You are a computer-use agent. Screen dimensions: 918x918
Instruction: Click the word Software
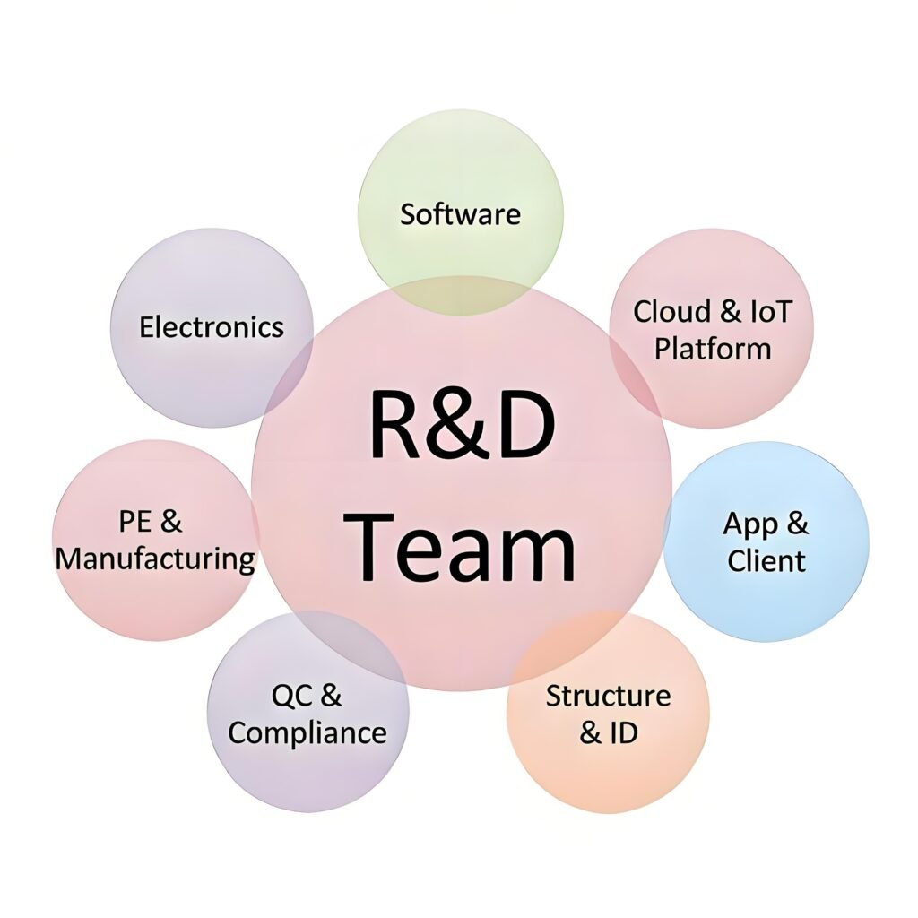click(460, 215)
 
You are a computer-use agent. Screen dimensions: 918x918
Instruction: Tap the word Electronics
click(212, 327)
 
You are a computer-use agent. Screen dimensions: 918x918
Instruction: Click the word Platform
click(712, 349)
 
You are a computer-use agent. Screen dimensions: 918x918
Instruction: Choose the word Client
click(766, 561)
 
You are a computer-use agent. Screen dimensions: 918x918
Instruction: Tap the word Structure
click(608, 696)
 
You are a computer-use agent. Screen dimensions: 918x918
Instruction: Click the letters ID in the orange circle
click(623, 732)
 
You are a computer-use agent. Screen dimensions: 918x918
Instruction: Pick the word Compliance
click(307, 732)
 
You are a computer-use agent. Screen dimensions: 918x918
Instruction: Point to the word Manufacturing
click(155, 559)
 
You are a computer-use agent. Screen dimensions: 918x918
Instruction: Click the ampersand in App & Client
click(796, 524)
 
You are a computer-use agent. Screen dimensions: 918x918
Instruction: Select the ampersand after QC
click(331, 695)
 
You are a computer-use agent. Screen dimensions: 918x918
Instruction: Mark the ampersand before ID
click(590, 732)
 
